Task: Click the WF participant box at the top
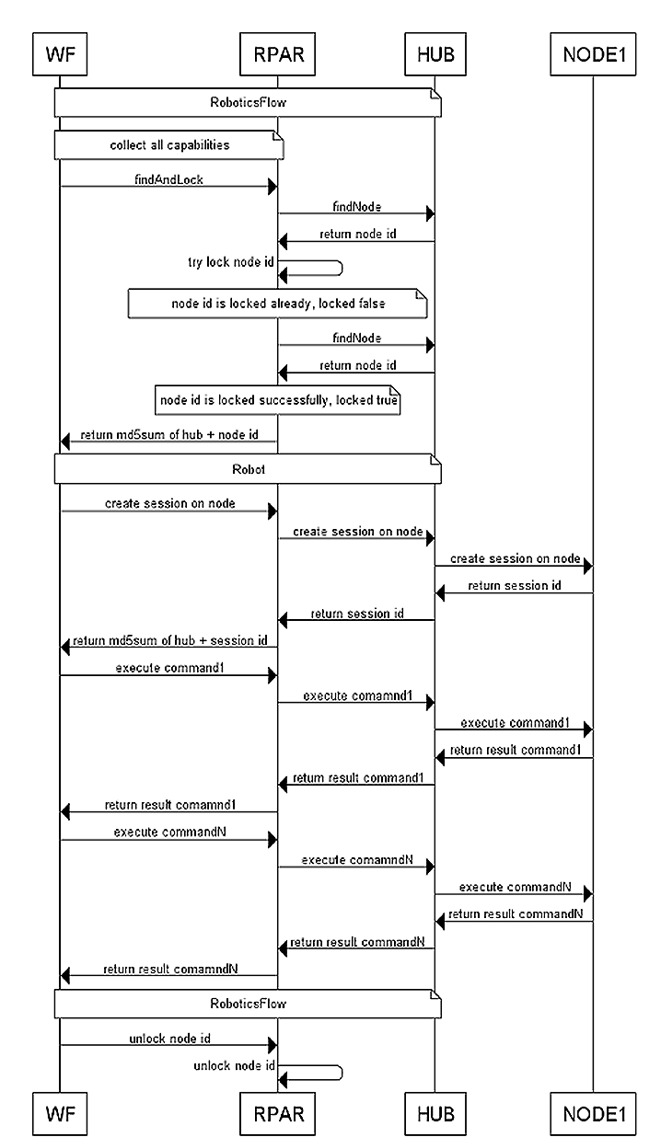(60, 54)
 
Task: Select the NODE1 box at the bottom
(593, 1114)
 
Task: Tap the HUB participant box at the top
(435, 54)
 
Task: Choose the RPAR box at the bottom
(277, 1114)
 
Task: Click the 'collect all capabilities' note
(169, 145)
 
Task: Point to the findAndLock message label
(168, 179)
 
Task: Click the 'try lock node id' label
(231, 262)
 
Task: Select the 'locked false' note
(277, 304)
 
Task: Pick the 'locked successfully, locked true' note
(277, 400)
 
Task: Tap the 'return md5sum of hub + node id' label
(169, 434)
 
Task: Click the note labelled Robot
(248, 469)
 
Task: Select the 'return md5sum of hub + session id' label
(169, 640)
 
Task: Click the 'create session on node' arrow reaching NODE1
(514, 566)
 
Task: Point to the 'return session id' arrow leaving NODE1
(514, 592)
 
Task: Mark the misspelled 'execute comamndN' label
(357, 860)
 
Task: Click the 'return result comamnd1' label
(170, 805)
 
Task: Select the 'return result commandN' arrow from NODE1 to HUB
(514, 921)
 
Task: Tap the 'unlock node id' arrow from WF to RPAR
(168, 1045)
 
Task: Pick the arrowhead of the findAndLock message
(273, 187)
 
